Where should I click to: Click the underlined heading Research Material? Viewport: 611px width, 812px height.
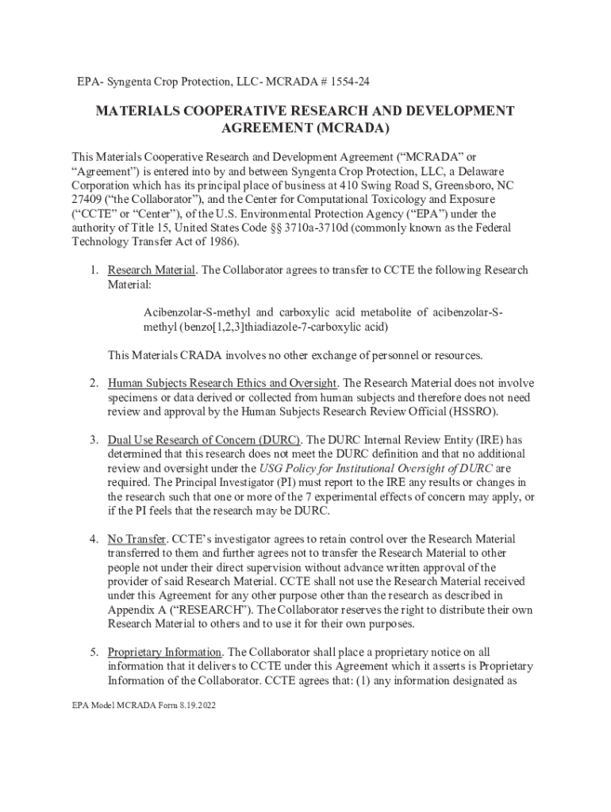click(x=152, y=270)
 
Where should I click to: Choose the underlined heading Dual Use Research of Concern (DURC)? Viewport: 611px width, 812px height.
click(x=204, y=439)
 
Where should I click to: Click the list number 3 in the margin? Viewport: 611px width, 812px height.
click(x=93, y=439)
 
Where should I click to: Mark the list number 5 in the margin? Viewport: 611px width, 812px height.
click(x=93, y=653)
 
